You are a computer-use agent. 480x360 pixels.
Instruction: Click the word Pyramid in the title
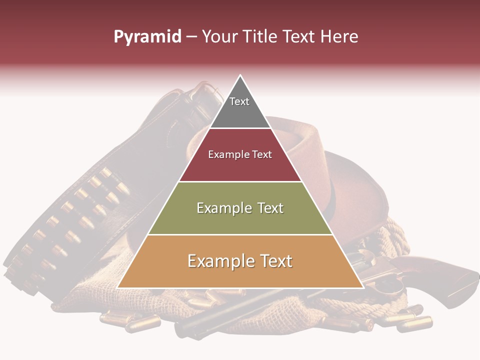[147, 37]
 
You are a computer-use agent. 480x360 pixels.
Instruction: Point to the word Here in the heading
[339, 37]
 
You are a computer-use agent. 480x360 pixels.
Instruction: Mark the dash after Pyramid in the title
[191, 37]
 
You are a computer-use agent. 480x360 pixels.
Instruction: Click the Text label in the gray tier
[239, 101]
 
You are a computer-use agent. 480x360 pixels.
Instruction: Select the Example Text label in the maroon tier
[240, 154]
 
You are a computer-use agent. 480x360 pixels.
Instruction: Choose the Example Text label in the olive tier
[240, 208]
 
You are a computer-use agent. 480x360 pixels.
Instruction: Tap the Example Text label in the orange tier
[240, 261]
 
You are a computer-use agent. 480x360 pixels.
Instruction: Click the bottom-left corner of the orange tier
[118, 287]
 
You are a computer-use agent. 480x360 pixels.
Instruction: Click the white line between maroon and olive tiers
[240, 181]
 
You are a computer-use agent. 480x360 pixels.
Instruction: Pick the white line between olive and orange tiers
[240, 234]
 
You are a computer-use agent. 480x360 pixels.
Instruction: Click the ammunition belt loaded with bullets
[75, 220]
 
